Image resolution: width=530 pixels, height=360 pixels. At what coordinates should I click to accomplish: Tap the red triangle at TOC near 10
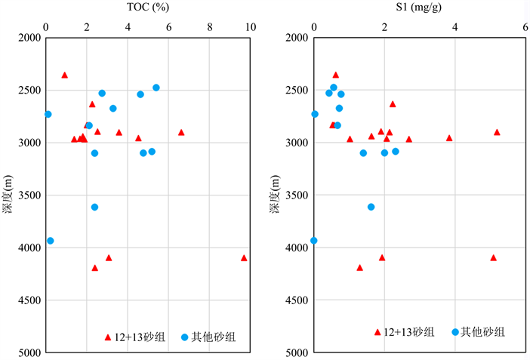[244, 257]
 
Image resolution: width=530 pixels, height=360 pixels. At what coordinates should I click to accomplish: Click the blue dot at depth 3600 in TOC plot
[94, 207]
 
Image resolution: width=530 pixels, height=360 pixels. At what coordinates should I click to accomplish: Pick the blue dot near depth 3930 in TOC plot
[51, 241]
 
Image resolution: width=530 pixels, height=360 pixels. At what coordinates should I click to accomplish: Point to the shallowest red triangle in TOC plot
[64, 75]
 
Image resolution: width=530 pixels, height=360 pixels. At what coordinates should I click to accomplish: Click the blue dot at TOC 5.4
[156, 88]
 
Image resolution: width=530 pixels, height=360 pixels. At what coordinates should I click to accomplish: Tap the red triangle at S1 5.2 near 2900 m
[497, 132]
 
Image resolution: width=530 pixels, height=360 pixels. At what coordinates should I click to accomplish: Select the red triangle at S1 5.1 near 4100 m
[494, 257]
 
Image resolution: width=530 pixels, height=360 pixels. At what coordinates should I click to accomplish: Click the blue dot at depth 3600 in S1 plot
[371, 207]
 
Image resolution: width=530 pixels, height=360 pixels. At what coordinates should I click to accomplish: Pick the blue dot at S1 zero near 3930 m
[314, 241]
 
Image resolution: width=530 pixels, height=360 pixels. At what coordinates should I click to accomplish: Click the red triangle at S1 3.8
[449, 138]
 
